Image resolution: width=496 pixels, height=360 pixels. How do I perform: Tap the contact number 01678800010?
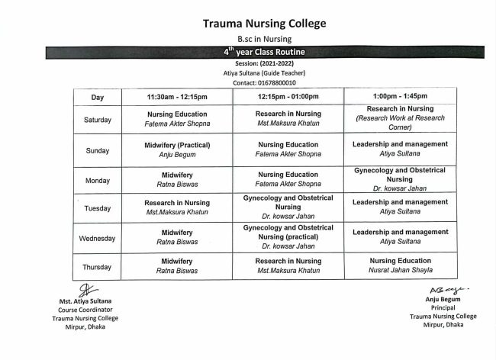[x=264, y=82]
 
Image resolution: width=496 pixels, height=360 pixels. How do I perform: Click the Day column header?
[x=98, y=98]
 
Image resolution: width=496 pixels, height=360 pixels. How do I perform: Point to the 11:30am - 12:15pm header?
[x=177, y=98]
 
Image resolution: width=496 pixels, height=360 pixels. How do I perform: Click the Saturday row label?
[x=98, y=120]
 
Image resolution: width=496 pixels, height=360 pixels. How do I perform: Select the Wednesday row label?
[x=98, y=238]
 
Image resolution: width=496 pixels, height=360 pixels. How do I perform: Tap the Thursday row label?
[x=98, y=267]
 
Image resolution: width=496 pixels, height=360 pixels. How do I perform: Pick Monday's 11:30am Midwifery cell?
[x=177, y=178]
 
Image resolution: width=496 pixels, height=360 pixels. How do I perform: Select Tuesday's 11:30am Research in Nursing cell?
[x=177, y=207]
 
